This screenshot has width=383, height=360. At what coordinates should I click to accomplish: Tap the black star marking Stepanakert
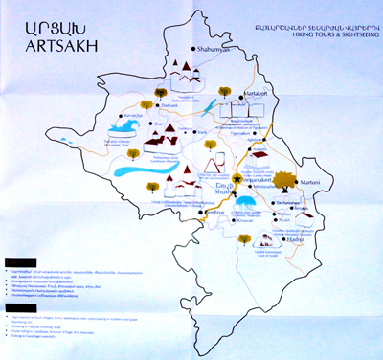click(236, 178)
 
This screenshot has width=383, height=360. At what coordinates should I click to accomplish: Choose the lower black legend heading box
click(18, 305)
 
